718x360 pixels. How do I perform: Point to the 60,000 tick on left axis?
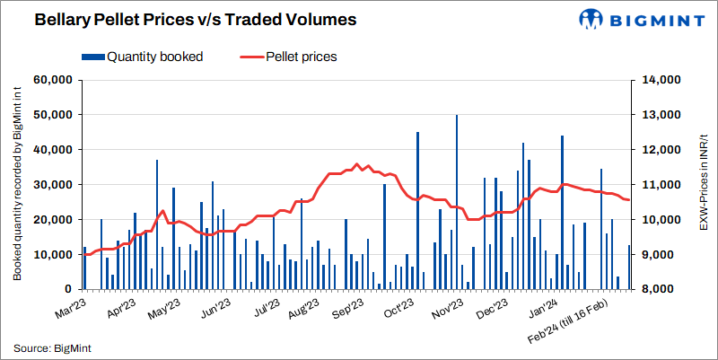[x=52, y=80]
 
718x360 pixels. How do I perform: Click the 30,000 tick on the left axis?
[x=52, y=185]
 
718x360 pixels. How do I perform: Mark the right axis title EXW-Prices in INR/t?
[x=705, y=185]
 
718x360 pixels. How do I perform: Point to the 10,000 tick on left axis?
[x=52, y=255]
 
